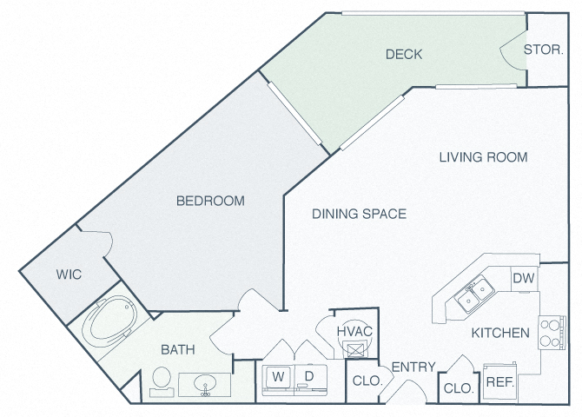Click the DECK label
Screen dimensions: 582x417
(404, 54)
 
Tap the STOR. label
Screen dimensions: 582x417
(544, 50)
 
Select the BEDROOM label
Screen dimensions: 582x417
(210, 201)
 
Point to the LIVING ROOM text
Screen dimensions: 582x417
(483, 157)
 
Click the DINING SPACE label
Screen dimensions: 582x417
(359, 214)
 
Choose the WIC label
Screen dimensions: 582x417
(69, 275)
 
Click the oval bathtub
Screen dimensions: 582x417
(109, 321)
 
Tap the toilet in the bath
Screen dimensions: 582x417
(162, 381)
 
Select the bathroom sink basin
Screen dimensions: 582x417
(205, 383)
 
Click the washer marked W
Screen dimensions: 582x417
(278, 380)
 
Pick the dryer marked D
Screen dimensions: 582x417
(311, 380)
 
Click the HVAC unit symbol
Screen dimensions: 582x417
(355, 349)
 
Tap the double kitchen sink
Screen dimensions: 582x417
(474, 294)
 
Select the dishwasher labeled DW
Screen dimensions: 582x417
(524, 278)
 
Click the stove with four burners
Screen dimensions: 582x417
(552, 333)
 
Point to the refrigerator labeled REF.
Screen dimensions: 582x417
(500, 382)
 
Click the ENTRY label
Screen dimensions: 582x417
(413, 367)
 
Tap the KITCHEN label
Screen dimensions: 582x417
(500, 333)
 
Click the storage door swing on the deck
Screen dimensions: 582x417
(513, 50)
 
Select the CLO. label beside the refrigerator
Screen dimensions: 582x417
(459, 388)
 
